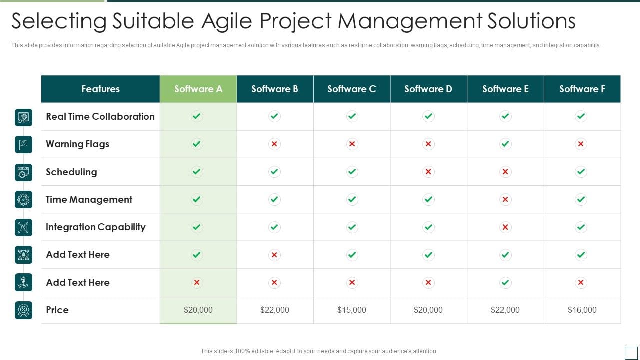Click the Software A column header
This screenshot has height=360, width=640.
[x=198, y=89]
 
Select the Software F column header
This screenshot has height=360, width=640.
[x=582, y=89]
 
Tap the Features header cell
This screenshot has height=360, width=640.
[x=100, y=89]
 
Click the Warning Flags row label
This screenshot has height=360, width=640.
[x=77, y=144]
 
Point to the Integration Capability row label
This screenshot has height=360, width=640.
[x=95, y=227]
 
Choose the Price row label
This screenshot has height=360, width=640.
[x=57, y=310]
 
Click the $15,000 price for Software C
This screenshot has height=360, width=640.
[x=351, y=310]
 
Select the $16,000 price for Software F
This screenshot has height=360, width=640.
[x=582, y=310]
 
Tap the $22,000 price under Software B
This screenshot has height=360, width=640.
[x=274, y=310]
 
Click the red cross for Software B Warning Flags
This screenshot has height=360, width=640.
[x=274, y=144]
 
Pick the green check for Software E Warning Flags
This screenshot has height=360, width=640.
[x=505, y=144]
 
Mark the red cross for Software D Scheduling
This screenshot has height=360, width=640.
[x=428, y=172]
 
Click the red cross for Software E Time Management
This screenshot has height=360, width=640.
[x=505, y=199]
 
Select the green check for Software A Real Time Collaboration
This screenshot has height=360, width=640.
[x=197, y=116]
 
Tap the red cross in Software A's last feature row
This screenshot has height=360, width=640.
[x=197, y=282]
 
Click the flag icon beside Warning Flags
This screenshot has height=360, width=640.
[x=23, y=144]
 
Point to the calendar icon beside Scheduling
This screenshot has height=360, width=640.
[x=23, y=172]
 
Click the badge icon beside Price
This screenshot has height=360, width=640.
[x=23, y=310]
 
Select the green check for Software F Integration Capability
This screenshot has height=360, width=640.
[x=581, y=227]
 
